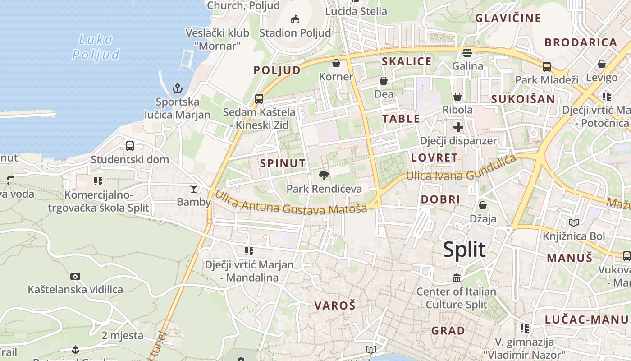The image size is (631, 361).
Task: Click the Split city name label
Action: pos(464,250)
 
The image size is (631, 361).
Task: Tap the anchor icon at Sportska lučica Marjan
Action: pos(178,88)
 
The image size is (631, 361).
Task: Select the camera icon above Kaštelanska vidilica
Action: pos(75,276)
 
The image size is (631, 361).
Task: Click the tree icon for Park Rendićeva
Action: pos(324,176)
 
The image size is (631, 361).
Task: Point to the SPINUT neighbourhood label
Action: pos(283,163)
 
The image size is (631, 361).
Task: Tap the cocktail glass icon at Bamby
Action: pos(194,188)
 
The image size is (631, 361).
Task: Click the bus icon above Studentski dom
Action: pos(130,146)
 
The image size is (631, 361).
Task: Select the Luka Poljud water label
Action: pos(96,47)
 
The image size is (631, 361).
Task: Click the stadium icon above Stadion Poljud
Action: pos(295,19)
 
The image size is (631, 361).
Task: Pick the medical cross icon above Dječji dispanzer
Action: pos(458,127)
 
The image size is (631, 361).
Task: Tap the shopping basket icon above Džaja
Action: pos(483,205)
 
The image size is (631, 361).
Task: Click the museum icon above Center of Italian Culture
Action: pos(456,278)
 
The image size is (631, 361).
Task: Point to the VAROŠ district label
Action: pos(335,305)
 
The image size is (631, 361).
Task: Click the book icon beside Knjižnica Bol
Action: pos(573,222)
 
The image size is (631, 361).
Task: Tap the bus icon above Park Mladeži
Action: pos(546,67)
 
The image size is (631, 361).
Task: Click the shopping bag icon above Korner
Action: pos(336,63)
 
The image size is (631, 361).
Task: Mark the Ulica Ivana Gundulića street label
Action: pos(461,169)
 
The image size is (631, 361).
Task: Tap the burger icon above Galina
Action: pos(467,53)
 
